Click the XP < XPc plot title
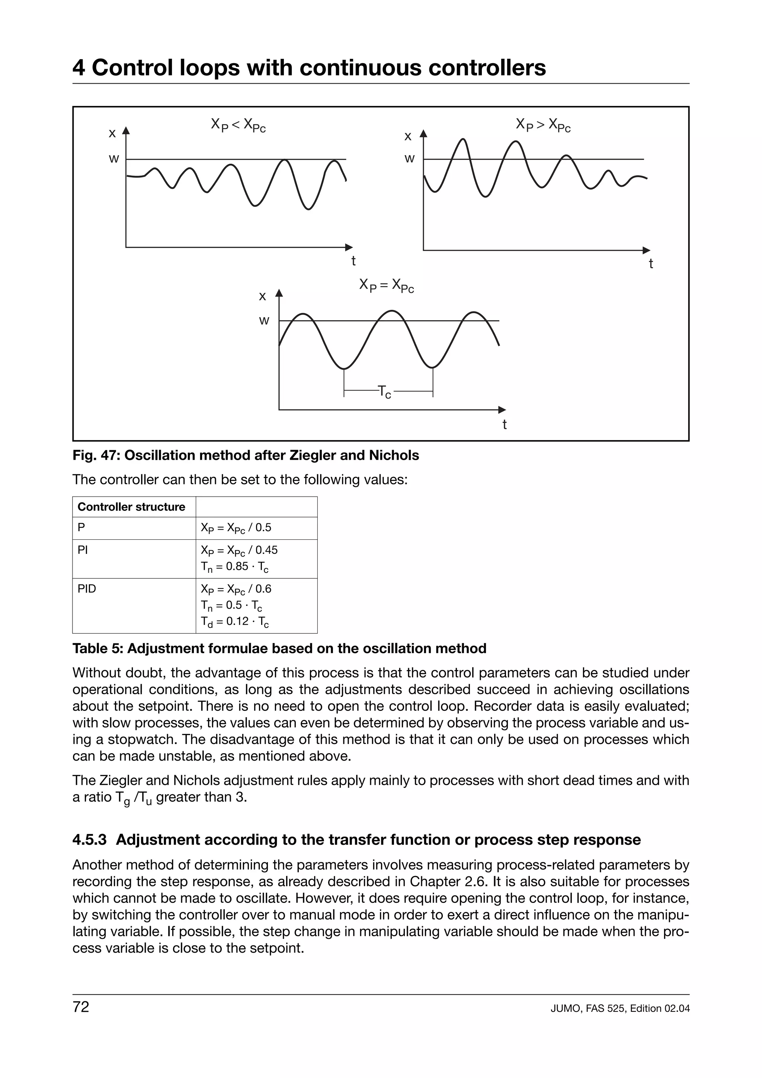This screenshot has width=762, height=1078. coord(238,125)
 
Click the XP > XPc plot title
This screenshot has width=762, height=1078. coord(543,125)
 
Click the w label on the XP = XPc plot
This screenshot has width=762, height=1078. coord(264,321)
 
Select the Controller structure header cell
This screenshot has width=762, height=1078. coord(131,507)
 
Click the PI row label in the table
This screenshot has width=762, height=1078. coord(83,550)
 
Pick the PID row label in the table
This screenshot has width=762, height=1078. coord(87,589)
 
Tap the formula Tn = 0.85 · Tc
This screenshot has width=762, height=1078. coord(235,567)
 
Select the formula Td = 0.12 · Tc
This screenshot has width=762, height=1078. coord(235,622)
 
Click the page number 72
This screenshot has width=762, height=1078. coord(81,1007)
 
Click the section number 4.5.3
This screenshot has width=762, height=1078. coord(89,840)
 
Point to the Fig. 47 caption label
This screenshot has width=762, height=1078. coord(96,455)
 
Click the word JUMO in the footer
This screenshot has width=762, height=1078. coord(565,1008)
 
